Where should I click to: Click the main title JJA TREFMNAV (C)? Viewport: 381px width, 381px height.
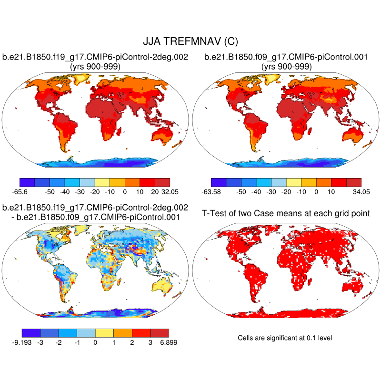[x=190, y=41]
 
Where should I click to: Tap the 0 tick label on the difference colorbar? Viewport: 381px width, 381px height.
[x=96, y=342]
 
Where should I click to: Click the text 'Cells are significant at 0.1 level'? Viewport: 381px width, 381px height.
[x=284, y=338]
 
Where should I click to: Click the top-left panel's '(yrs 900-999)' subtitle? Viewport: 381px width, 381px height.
[x=95, y=67]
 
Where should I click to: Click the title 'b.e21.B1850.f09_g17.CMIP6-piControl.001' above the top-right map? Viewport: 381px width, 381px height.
[x=286, y=58]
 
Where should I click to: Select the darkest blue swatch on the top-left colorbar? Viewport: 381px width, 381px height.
[x=27, y=182]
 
